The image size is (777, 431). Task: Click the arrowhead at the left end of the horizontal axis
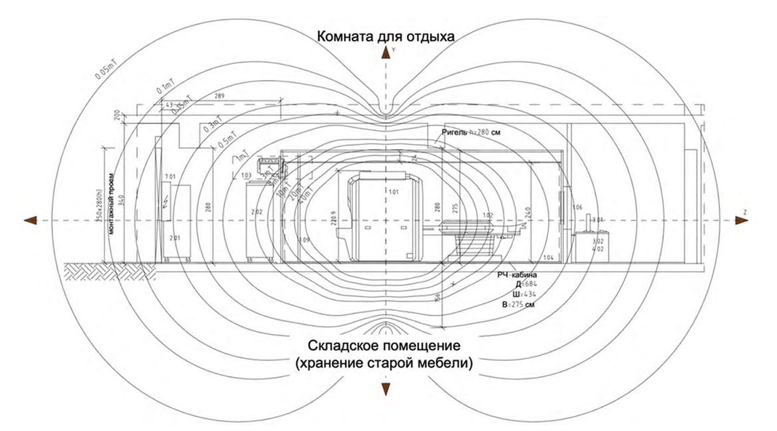(x=29, y=220)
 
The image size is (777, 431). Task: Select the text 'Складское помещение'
(x=385, y=346)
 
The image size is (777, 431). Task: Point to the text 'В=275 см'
(x=518, y=304)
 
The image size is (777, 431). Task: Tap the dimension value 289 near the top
(x=220, y=96)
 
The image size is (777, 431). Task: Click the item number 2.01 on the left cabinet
(x=175, y=237)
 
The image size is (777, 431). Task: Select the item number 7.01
(x=169, y=177)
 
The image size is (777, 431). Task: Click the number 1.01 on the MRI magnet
(x=394, y=192)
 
